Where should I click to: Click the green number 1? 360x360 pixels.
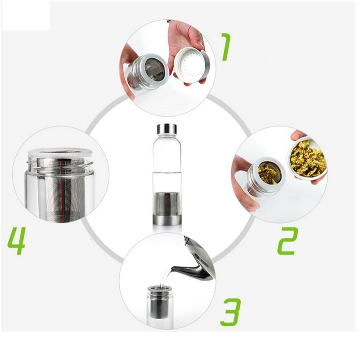226,47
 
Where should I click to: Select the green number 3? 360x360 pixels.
230,312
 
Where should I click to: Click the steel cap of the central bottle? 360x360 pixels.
167,129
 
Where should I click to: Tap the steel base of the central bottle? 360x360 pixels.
167,220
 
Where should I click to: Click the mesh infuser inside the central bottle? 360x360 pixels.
167,204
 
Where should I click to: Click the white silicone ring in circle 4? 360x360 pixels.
60,152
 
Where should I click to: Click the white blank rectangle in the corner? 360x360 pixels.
25,15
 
